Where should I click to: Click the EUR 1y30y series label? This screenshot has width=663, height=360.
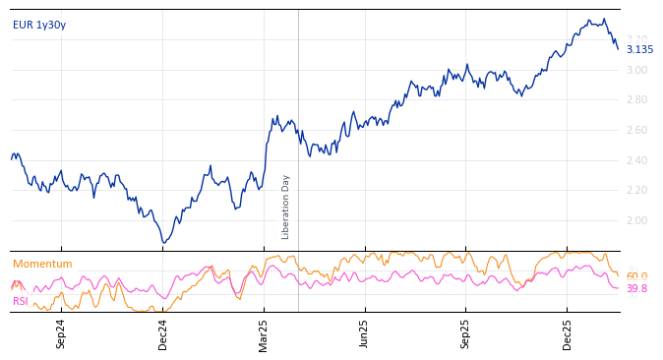[x=39, y=26]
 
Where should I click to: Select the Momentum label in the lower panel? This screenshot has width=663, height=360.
[x=42, y=265]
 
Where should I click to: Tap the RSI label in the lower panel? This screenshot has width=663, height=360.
[x=21, y=302]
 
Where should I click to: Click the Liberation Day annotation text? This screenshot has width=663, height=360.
[x=286, y=207]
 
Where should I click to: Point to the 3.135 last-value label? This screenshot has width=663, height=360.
[x=639, y=50]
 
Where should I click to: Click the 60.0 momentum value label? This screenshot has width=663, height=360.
[x=636, y=277]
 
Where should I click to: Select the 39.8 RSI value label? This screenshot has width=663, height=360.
[x=636, y=289]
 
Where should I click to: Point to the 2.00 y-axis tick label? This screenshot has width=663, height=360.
[x=636, y=220]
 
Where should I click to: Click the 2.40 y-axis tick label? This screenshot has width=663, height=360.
[x=636, y=160]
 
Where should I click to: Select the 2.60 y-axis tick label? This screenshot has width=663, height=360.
[x=636, y=130]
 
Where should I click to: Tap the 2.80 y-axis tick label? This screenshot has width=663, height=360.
[x=636, y=100]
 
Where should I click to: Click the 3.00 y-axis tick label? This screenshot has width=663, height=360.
[x=636, y=70]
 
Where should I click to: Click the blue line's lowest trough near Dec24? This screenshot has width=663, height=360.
[x=164, y=242]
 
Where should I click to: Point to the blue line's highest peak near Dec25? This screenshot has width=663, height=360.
[x=588, y=20]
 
